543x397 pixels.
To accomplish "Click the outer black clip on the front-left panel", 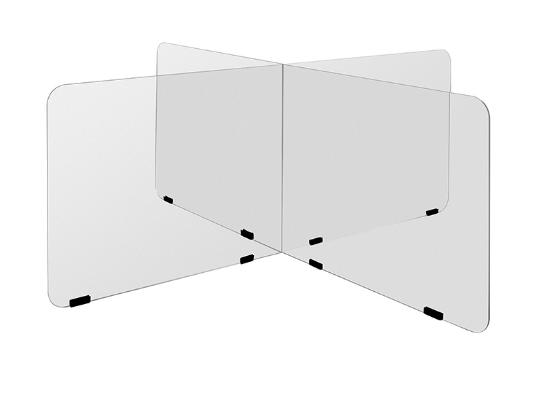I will (80, 301).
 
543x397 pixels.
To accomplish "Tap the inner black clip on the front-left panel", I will (247, 259).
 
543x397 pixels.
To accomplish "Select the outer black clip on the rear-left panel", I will (168, 200).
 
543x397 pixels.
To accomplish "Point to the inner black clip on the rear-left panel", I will (247, 234).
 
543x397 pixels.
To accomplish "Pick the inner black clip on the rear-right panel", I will (316, 240).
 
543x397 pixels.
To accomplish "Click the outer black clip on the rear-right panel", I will (432, 212).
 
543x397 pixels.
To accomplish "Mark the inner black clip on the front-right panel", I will (316, 264).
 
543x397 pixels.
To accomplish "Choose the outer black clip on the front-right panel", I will (433, 313).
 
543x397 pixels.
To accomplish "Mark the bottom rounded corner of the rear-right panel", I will (444, 206).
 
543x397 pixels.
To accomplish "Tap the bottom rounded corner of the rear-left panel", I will (160, 192).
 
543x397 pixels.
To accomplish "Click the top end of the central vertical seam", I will (282, 65).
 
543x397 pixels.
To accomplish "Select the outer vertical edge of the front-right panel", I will (488, 217).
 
